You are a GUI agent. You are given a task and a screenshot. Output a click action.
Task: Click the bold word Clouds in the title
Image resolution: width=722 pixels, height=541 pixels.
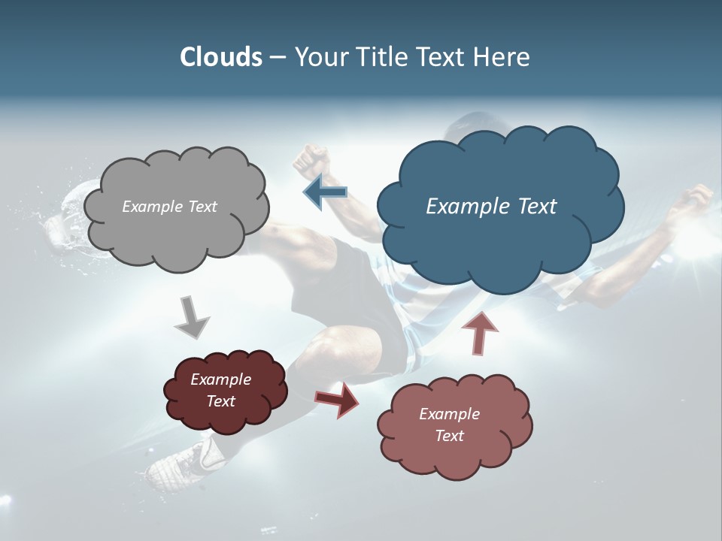220,57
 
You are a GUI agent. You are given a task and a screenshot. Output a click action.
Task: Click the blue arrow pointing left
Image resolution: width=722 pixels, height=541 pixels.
326,192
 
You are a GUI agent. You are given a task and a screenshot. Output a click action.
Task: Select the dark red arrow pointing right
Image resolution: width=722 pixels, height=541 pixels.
336,399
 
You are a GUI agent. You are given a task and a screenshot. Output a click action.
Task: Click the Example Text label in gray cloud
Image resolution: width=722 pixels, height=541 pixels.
169,207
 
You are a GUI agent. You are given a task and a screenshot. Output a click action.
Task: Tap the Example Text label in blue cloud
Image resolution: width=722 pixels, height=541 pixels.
491,207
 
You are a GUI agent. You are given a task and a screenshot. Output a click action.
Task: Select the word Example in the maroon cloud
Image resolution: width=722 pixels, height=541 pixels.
220,379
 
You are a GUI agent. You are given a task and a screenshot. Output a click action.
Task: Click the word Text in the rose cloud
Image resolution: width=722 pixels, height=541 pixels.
449,436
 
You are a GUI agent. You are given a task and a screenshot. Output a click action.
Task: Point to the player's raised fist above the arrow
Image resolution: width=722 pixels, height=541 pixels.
311,161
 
